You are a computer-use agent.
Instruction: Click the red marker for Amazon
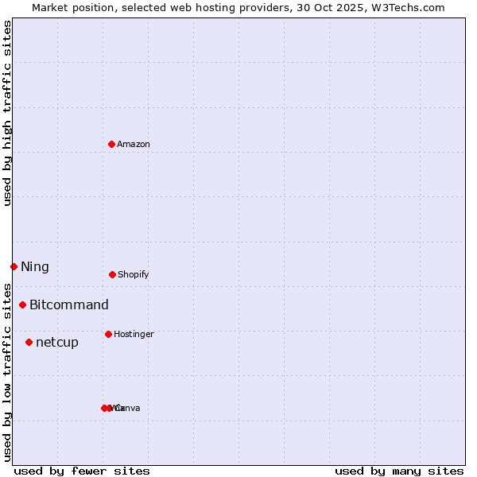[112, 144]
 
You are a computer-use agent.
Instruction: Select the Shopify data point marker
[112, 274]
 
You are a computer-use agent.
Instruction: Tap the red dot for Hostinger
[108, 334]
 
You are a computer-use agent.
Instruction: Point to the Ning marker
[14, 266]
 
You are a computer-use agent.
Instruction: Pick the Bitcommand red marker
[22, 304]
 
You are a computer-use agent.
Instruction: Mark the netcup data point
[29, 342]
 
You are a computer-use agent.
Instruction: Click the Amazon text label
[134, 144]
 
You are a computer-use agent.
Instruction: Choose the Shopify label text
[134, 274]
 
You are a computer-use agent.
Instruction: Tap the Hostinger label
[134, 334]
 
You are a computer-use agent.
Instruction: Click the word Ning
[35, 266]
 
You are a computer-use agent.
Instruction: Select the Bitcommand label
[69, 304]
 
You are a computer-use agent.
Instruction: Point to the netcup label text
[57, 342]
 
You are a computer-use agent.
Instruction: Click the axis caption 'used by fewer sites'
[82, 471]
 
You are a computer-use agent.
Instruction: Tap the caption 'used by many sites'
[399, 471]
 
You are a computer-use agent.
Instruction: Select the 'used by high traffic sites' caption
[8, 113]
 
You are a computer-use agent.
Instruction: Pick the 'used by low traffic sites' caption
[8, 372]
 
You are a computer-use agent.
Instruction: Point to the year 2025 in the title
[357, 7]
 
